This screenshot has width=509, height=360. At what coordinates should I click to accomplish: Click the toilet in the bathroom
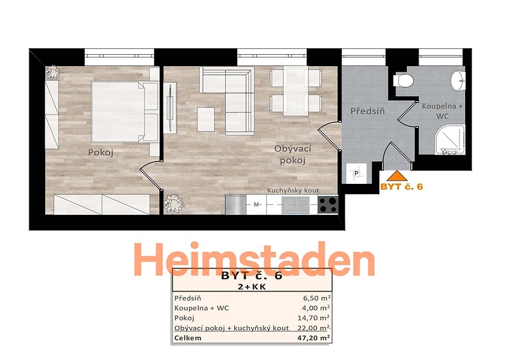click(x=403, y=81)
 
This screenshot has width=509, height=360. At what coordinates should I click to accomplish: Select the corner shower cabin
click(x=450, y=139)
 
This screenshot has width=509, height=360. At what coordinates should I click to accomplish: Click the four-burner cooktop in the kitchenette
click(x=328, y=205)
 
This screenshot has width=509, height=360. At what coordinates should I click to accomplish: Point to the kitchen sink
click(x=295, y=205)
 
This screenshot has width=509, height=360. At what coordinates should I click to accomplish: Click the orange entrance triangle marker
click(x=396, y=176)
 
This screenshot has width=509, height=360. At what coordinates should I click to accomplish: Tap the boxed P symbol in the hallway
click(x=356, y=174)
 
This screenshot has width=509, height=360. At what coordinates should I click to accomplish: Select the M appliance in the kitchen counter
click(x=256, y=205)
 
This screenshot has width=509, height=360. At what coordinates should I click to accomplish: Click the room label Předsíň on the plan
click(x=368, y=111)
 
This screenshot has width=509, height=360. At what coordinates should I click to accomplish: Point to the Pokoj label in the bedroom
click(x=101, y=153)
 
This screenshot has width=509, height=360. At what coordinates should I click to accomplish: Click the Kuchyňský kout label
click(x=293, y=191)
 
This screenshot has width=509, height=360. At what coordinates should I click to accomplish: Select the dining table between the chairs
click(x=295, y=91)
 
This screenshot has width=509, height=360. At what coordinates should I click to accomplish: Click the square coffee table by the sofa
click(x=206, y=119)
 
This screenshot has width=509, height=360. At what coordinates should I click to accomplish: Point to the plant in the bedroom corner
click(x=52, y=73)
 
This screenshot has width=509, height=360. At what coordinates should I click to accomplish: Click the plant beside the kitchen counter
click(x=173, y=204)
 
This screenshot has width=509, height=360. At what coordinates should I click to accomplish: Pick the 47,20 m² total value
click(x=314, y=338)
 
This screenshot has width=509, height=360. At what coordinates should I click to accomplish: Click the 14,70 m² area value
click(x=314, y=318)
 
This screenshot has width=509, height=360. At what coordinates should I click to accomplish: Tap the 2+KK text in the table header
click(x=252, y=287)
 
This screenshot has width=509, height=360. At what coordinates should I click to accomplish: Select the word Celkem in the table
click(x=188, y=338)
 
